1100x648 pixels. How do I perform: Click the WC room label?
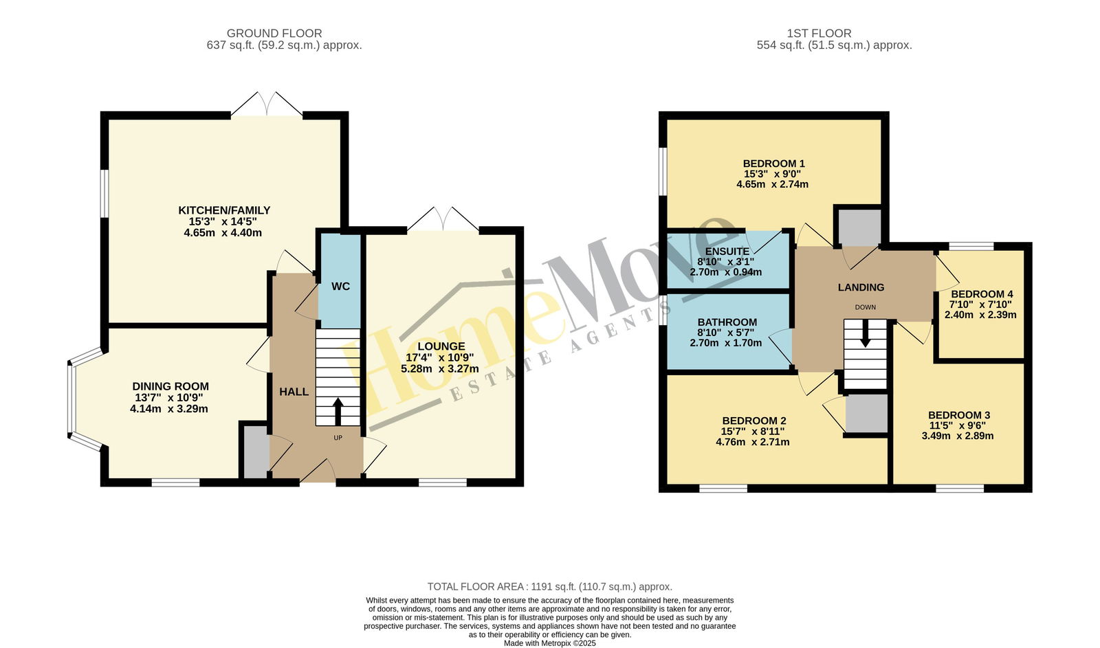tap(340, 286)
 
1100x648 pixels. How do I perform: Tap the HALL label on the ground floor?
tap(294, 392)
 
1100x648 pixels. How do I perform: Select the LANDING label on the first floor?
tap(861, 287)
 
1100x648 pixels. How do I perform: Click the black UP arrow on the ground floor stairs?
tap(338, 412)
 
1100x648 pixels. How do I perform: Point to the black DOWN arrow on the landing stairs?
tap(865, 334)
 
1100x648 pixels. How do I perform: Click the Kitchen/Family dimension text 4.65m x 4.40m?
tap(223, 233)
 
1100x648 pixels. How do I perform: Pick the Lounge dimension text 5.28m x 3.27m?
tap(440, 369)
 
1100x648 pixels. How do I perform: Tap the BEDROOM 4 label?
tap(982, 294)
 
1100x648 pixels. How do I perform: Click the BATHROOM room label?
tap(727, 322)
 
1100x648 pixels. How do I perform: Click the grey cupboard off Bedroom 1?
tap(859, 227)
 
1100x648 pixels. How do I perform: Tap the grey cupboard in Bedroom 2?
tap(867, 414)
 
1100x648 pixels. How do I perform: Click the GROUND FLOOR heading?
tap(274, 34)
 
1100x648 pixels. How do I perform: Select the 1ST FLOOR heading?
tap(819, 34)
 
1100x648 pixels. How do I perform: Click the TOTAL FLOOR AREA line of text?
tap(549, 587)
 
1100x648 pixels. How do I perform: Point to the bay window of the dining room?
tap(71, 399)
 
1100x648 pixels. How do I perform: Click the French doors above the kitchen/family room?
tap(267, 104)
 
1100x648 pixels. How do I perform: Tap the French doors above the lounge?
tap(443, 219)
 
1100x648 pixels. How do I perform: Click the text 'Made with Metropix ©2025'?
tap(549, 643)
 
